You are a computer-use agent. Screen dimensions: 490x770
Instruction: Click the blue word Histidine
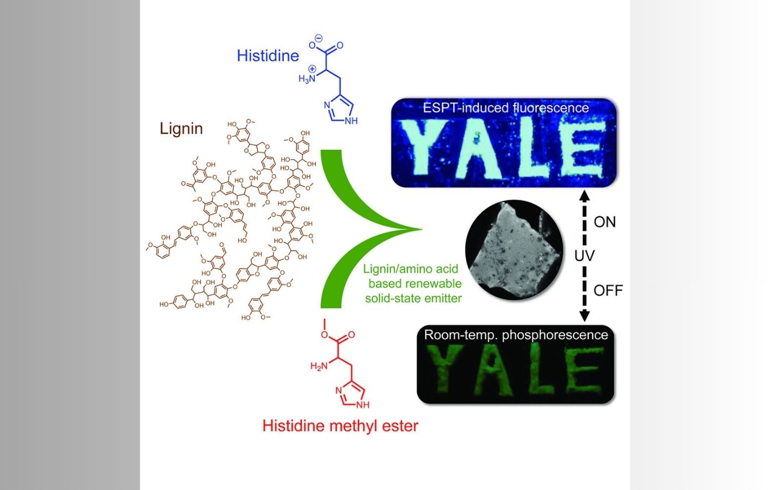268,55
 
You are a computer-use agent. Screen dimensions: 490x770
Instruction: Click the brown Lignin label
181,128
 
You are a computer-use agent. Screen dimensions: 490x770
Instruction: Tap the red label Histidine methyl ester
340,426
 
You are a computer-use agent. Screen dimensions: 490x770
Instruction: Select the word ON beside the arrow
604,222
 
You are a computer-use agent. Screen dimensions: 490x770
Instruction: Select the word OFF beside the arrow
608,290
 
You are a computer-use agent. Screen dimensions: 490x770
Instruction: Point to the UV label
584,256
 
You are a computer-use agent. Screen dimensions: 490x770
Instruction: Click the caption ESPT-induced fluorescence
505,108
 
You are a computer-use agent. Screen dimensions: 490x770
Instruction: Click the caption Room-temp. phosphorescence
516,335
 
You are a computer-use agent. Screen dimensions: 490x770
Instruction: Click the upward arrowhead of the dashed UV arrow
584,194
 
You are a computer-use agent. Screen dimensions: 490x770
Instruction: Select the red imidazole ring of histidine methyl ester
351,394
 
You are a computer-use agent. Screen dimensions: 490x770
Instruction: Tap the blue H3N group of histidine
307,78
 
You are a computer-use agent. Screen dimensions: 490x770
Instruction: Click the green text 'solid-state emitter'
413,298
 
